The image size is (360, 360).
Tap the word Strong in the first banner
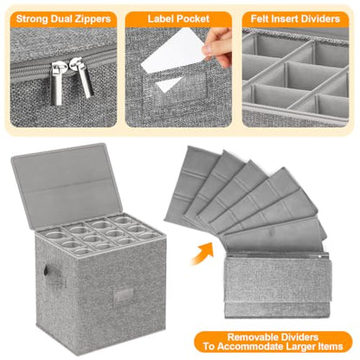point(32,19)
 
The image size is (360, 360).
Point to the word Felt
point(260,19)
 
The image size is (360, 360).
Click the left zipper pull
point(57,82)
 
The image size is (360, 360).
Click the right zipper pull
point(83,77)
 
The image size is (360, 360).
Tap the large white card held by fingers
point(172,50)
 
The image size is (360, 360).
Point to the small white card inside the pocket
point(169,84)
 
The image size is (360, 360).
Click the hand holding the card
point(218,46)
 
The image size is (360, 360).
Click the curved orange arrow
point(202,254)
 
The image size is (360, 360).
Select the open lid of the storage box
point(67,184)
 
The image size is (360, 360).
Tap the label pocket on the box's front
point(124,294)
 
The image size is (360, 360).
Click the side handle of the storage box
point(45,271)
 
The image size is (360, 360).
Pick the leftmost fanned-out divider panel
point(190,184)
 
